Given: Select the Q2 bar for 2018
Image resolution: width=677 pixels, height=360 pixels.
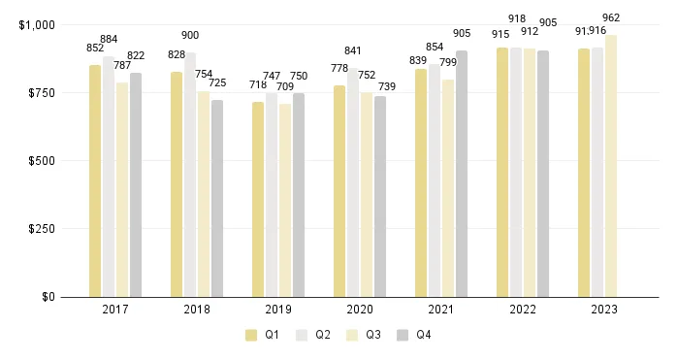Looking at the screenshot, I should pos(190,175).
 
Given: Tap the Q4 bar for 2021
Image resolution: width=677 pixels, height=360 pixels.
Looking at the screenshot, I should pos(462,174).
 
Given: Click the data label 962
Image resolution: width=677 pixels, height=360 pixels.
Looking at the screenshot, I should pos(611,17).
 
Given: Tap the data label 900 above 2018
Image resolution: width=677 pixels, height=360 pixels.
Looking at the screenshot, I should pos(190,35).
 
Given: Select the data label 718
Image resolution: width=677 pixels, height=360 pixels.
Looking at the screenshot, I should pos(258,85).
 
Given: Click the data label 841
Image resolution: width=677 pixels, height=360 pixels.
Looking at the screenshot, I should pos(353,51).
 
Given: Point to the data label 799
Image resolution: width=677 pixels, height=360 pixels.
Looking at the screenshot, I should pos(448,63).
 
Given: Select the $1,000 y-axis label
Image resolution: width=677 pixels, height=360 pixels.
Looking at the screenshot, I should pos(37,24).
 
